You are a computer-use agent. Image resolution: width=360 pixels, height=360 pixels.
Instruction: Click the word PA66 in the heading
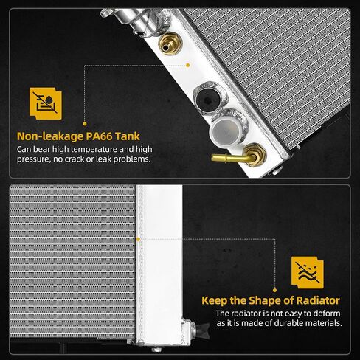click(x=99, y=136)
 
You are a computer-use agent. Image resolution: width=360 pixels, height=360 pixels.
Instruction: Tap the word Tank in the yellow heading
click(x=128, y=136)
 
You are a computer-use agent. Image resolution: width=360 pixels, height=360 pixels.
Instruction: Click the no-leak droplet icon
click(x=46, y=103)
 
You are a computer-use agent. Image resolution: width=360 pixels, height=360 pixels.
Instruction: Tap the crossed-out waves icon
click(x=308, y=273)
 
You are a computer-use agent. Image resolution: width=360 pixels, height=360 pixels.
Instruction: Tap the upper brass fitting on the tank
click(x=170, y=44)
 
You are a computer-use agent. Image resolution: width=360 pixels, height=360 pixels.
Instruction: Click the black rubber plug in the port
click(x=208, y=99)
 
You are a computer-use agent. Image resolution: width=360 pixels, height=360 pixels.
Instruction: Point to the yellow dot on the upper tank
click(x=187, y=65)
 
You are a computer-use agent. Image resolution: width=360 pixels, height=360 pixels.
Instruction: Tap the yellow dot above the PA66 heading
click(x=85, y=124)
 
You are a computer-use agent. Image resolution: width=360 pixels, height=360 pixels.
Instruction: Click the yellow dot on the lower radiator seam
click(x=138, y=239)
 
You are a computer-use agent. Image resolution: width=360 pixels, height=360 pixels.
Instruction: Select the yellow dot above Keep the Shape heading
click(x=274, y=290)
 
